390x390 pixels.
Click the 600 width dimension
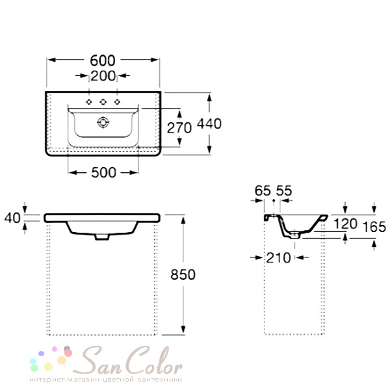[x=103, y=60]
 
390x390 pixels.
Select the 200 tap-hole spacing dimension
[x=103, y=76]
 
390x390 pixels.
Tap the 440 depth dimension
[x=209, y=123]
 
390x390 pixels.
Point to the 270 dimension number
[x=179, y=128]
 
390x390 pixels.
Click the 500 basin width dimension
[x=103, y=172]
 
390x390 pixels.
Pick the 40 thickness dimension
[x=12, y=218]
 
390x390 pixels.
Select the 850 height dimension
[x=183, y=274]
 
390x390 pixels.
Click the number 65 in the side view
[x=263, y=191]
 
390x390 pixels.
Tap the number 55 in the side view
[x=284, y=191]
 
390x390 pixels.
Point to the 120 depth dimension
[x=345, y=224]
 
